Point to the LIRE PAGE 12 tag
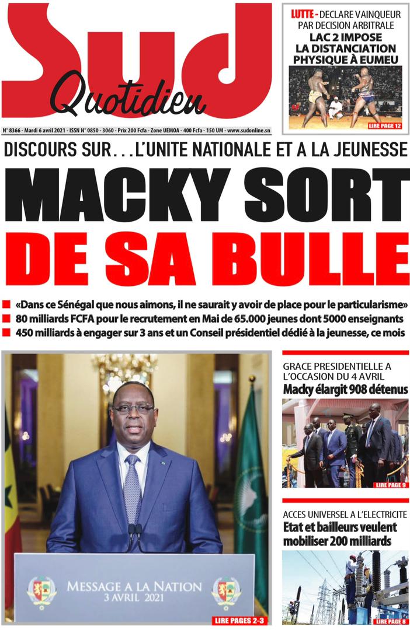click(x=385, y=125)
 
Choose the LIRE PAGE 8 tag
click(x=391, y=622)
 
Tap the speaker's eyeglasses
click(x=133, y=409)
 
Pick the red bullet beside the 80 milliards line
click(x=7, y=318)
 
